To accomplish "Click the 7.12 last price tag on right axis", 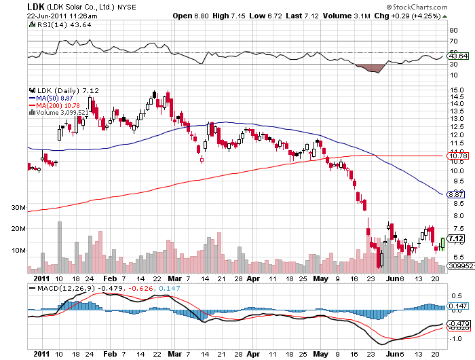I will [456, 238].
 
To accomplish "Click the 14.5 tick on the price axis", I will [455, 97].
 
